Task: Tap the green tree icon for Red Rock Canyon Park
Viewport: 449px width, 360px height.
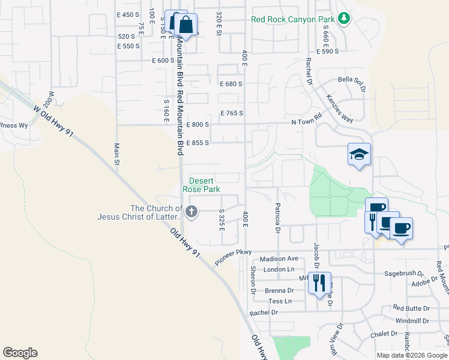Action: point(344,18)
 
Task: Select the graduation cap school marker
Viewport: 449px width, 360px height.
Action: point(359,155)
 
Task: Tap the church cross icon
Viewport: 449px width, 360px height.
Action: point(191,211)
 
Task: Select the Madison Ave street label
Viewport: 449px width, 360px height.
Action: point(280,259)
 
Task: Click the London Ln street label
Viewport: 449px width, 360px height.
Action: point(278,269)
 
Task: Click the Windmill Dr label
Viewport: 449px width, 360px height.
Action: point(412,321)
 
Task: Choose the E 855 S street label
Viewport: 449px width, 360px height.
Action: point(197,143)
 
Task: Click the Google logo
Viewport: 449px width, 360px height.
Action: point(20,353)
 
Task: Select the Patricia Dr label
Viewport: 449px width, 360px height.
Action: point(278,218)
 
